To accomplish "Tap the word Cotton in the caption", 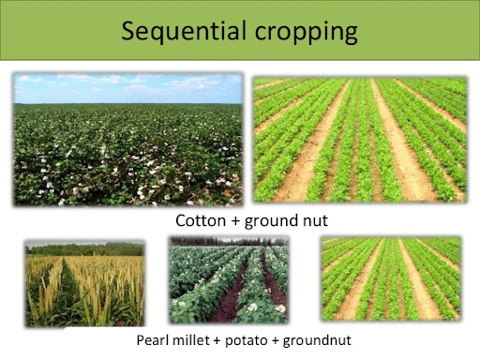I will tap(200, 220).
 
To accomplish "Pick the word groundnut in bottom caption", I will tap(311, 339).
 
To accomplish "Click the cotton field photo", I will tap(127, 141).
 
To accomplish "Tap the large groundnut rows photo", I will tap(360, 141).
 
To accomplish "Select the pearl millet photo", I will tap(84, 282).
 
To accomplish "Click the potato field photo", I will tap(228, 280).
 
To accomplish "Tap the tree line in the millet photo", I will tap(84, 249).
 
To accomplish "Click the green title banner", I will tap(56, 33).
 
